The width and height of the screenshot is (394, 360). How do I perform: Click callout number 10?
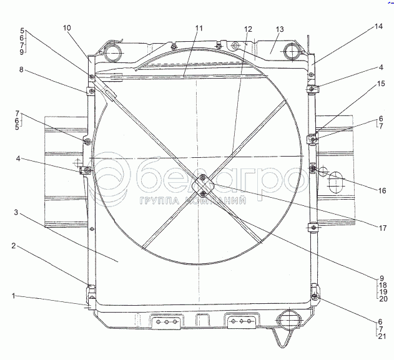67,28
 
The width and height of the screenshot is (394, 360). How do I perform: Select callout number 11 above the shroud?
199,28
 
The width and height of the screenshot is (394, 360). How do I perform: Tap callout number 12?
248,29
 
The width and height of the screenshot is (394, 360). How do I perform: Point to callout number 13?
280,29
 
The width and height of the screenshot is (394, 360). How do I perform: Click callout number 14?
378,26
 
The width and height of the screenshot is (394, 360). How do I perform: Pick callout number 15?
381,84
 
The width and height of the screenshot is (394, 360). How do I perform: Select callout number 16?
382,191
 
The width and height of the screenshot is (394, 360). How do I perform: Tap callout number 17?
382,228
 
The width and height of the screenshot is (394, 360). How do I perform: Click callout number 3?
16,213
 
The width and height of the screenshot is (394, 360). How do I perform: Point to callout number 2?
14,246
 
